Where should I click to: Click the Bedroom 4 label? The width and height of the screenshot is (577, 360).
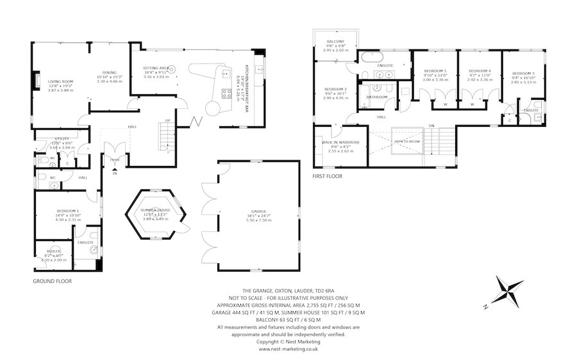(x=480, y=71)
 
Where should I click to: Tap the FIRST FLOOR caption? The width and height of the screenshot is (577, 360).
(x=328, y=176)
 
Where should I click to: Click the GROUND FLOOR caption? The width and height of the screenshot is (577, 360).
(x=52, y=281)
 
